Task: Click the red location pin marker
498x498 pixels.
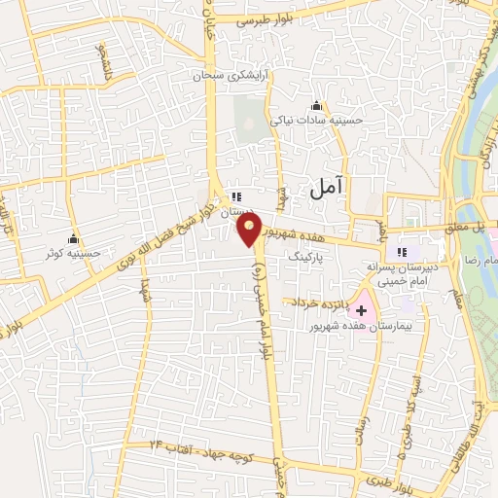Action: point(249,230)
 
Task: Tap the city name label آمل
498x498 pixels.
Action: point(328,191)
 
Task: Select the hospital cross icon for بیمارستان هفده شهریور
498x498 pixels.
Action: point(362,311)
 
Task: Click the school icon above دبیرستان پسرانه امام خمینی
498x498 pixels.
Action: point(403,254)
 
